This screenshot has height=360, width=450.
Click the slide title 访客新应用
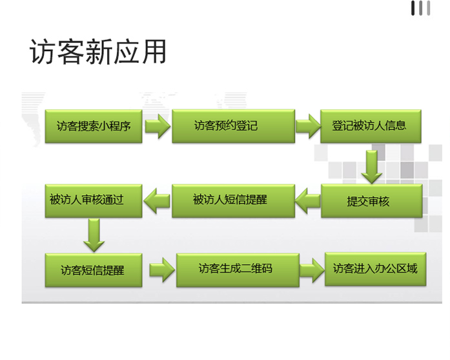tap(98, 52)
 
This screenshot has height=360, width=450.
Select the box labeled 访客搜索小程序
tap(94, 126)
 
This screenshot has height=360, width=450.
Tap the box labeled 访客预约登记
tap(233, 126)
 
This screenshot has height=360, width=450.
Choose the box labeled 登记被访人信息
tap(371, 126)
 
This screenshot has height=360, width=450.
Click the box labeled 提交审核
tap(372, 201)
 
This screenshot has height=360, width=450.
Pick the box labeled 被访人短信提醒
tap(233, 201)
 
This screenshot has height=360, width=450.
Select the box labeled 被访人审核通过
tap(94, 201)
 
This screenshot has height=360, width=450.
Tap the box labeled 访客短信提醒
tap(94, 270)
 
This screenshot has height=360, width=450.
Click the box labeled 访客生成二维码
tap(238, 270)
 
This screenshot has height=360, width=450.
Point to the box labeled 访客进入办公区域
tap(375, 269)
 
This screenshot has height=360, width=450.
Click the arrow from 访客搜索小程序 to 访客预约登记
tap(158, 126)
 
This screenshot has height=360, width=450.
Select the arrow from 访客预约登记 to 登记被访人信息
tap(308, 126)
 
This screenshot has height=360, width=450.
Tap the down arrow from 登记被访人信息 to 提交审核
tap(372, 167)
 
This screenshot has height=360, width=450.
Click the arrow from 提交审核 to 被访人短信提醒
tap(308, 200)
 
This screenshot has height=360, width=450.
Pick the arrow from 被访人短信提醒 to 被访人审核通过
tap(157, 200)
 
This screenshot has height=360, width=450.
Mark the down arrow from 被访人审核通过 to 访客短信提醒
tap(94, 235)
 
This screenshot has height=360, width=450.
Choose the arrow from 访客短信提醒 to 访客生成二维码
tap(162, 270)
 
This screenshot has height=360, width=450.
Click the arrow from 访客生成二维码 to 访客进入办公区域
tap(312, 270)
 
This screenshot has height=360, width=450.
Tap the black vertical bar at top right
tap(413, 8)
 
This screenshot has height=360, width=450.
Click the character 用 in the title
tap(154, 52)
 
